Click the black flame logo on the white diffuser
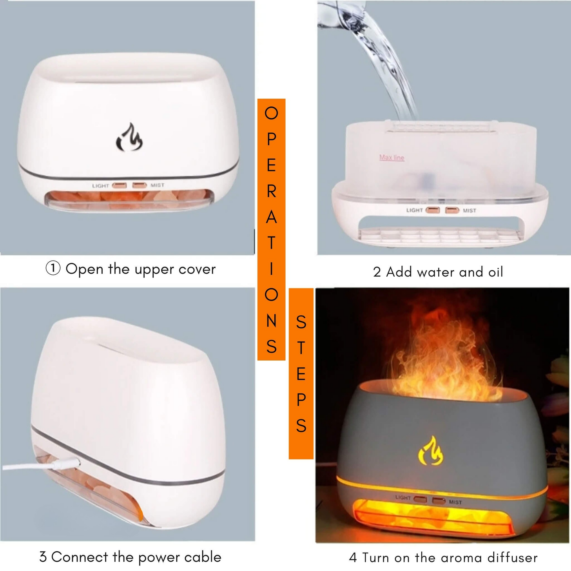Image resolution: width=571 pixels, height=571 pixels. [x=129, y=137]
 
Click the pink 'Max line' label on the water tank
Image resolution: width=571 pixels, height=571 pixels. [x=392, y=157]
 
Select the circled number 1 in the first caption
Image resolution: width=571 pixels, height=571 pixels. [x=53, y=268]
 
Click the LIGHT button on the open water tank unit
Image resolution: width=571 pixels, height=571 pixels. [x=433, y=210]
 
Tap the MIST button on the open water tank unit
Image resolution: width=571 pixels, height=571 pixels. [x=452, y=210]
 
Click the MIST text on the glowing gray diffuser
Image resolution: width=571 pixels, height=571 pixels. [x=455, y=502]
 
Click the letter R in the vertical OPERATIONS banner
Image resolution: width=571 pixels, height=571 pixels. [x=271, y=191]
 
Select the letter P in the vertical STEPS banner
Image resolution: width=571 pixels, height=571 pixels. [x=301, y=400]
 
